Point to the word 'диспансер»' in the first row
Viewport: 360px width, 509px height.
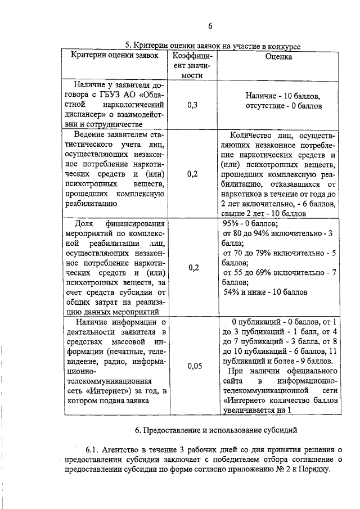pyautogui.click(x=87, y=115)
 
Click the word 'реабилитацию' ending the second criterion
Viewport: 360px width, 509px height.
pyautogui.click(x=91, y=205)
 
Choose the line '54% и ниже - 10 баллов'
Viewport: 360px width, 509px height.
pyautogui.click(x=266, y=292)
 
